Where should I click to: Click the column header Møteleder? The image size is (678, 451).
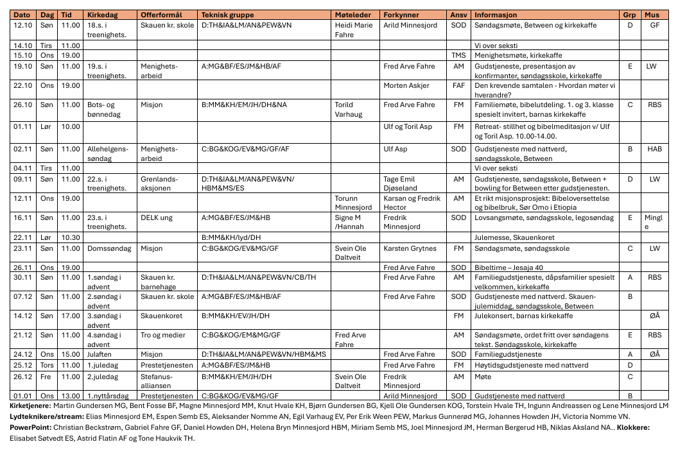351,14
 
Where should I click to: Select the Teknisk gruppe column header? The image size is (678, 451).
227,14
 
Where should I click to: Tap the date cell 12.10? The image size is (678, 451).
22,25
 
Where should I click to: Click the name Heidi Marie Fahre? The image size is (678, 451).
353,30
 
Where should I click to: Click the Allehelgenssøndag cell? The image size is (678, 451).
107,153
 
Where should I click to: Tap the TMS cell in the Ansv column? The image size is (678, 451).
458,55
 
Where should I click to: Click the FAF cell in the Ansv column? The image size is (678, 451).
458,85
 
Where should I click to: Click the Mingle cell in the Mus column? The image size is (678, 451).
653,222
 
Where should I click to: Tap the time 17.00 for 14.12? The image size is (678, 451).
70,316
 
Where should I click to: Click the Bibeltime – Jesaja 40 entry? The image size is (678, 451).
509,268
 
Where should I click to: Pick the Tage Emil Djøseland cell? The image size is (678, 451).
401,183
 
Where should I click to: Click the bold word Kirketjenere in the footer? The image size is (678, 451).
31,406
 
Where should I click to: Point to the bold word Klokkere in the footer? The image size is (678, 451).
634,427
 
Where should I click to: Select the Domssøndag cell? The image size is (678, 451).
105,248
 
